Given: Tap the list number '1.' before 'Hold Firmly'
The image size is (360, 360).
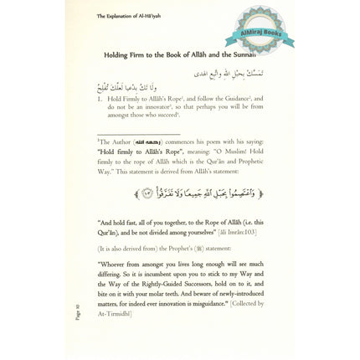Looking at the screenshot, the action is [100, 99].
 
